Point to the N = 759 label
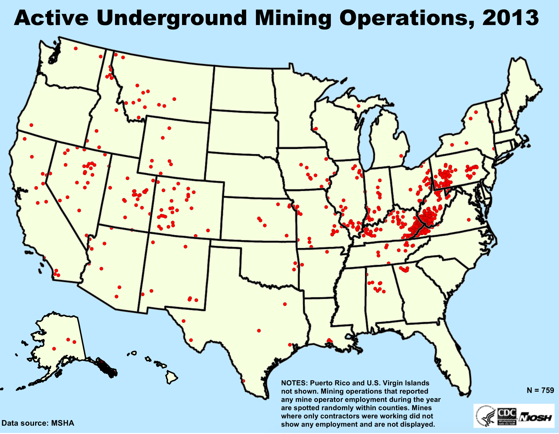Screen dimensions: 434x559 coord(540,390)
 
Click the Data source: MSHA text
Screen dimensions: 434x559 coord(38,423)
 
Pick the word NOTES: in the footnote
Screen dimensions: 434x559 coord(294,383)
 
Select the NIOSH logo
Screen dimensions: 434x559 coord(536,418)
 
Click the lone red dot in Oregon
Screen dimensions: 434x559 coord(31,125)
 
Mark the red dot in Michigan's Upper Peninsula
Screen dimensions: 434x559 coord(358,106)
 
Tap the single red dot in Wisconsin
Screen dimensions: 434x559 coord(316,129)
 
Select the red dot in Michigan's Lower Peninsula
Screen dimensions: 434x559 coord(401,156)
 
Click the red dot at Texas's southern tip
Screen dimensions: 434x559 coord(244,381)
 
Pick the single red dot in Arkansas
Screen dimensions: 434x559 coord(327,252)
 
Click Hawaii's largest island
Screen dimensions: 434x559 coord(172,377)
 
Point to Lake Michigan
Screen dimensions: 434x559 coord(366,143)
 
